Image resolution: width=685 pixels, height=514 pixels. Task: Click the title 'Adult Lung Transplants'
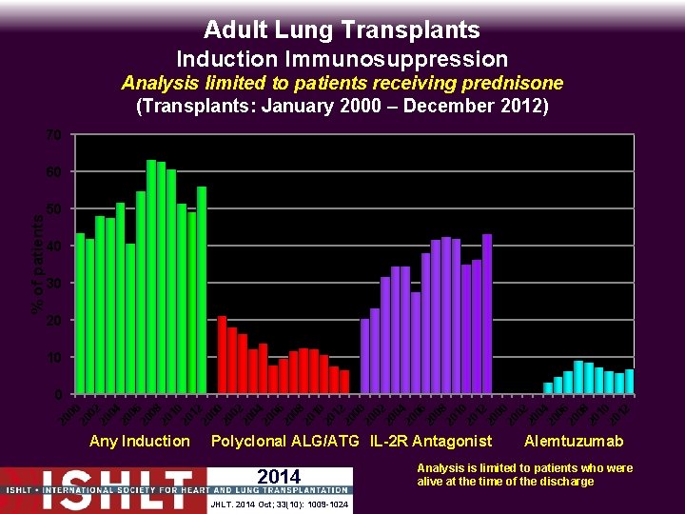tap(342, 30)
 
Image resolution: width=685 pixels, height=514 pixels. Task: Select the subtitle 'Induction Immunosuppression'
tap(342, 59)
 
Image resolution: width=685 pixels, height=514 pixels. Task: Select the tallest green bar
tap(151, 276)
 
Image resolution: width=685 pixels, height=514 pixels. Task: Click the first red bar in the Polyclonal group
tap(222, 354)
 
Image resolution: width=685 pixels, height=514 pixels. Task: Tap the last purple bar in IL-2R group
tap(487, 313)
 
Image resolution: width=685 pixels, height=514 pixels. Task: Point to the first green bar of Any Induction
tap(80, 313)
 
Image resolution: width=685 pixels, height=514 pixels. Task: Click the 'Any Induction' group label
tap(139, 441)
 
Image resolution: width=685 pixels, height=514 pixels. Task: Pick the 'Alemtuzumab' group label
tap(574, 441)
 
